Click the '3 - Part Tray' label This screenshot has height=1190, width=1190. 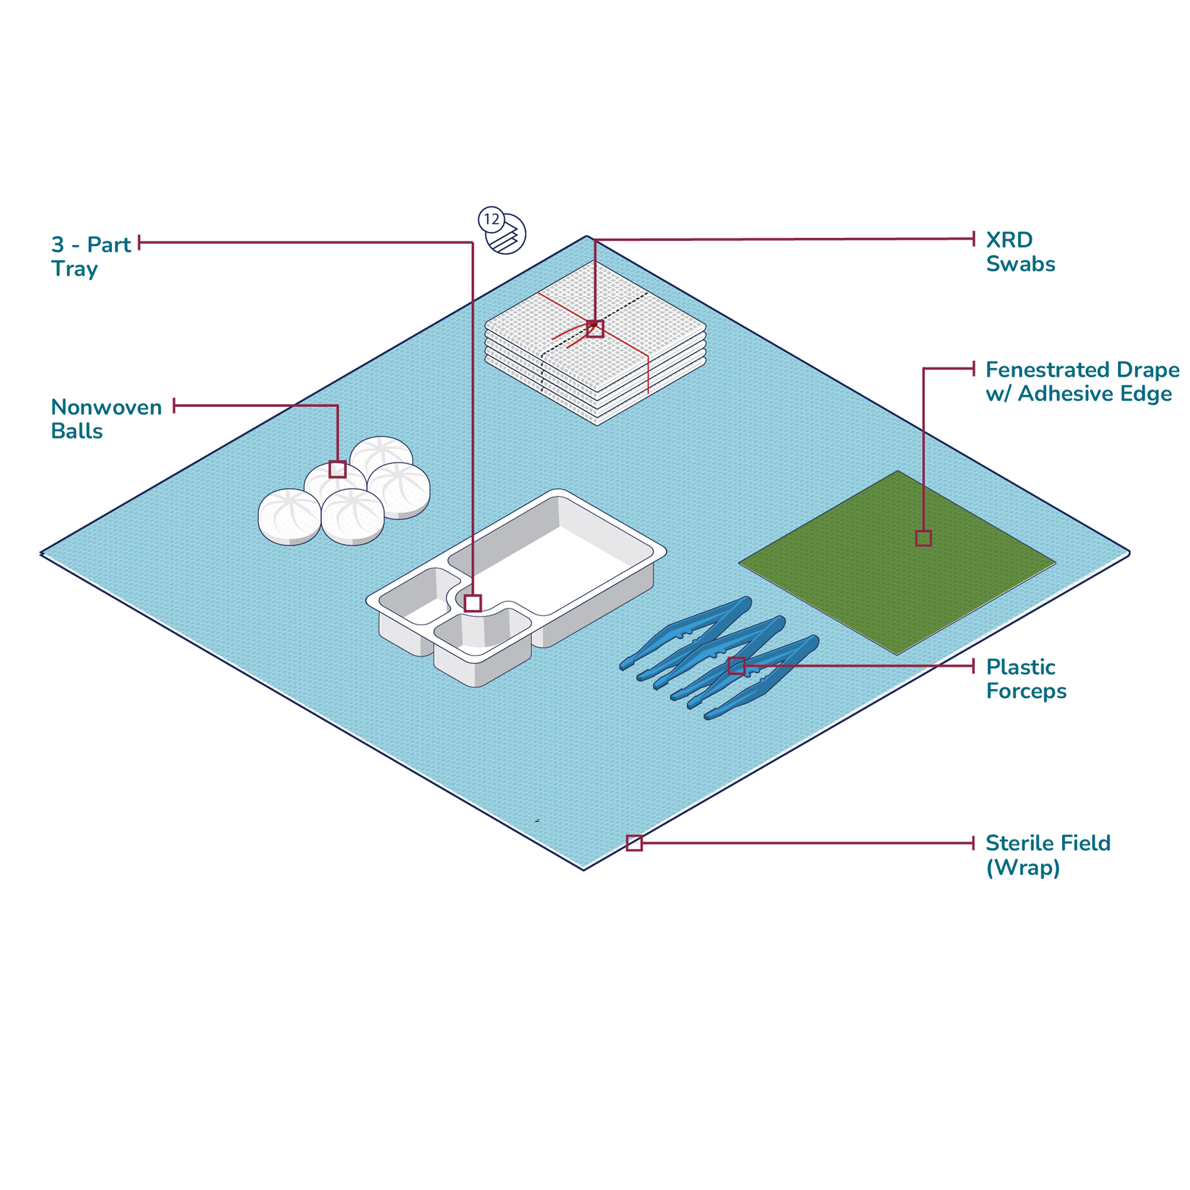tap(90, 256)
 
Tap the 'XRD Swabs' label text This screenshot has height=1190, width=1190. tap(1020, 251)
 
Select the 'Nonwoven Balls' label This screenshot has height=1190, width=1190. tap(106, 419)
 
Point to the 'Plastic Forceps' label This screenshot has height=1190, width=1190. tap(1026, 679)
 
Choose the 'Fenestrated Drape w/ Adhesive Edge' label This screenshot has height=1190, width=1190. tap(1082, 381)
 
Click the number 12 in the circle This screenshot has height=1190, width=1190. tap(491, 220)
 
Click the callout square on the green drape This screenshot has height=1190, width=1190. tap(923, 538)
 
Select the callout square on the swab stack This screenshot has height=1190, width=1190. tap(595, 329)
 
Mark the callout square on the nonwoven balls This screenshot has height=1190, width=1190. tap(337, 469)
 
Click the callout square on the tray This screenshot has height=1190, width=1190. tap(472, 603)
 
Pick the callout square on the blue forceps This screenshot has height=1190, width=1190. tap(737, 666)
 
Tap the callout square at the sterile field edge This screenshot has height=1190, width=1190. tap(634, 843)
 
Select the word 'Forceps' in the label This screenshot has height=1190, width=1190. tap(1026, 691)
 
